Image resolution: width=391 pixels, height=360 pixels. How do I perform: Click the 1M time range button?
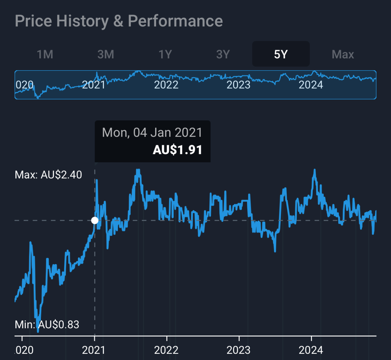(x=45, y=54)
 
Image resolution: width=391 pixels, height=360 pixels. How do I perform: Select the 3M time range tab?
(x=106, y=54)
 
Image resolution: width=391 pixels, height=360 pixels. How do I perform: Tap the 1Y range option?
(x=165, y=54)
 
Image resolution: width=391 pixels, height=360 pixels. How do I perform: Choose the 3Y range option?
(x=223, y=54)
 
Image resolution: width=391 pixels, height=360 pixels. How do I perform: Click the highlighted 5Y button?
(x=281, y=54)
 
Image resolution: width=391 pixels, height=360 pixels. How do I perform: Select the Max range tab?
(x=343, y=54)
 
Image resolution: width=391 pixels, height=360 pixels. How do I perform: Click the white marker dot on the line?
(x=95, y=220)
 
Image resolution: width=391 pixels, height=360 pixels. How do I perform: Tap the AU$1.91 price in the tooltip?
(x=177, y=150)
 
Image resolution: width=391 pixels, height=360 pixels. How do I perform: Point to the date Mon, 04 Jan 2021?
(x=152, y=132)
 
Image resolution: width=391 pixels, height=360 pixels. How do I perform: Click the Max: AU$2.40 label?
(x=48, y=175)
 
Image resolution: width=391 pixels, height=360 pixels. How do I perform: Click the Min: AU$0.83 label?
(x=47, y=324)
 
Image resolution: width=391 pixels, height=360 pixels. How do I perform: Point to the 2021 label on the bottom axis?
(x=94, y=350)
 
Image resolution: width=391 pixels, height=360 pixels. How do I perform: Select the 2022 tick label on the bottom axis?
(x=166, y=350)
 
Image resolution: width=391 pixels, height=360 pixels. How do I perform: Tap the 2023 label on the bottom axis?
(x=238, y=350)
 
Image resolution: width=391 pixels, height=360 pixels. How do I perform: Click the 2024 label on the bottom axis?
(x=311, y=350)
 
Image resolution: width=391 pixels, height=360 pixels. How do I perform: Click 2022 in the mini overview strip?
(x=166, y=85)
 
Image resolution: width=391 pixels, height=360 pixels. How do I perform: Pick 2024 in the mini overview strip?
(x=311, y=85)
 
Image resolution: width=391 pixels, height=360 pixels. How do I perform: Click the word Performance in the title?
(x=175, y=21)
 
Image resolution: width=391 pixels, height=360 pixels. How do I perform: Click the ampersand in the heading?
(x=118, y=21)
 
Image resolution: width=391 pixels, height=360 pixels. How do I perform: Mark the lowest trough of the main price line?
(x=38, y=331)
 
